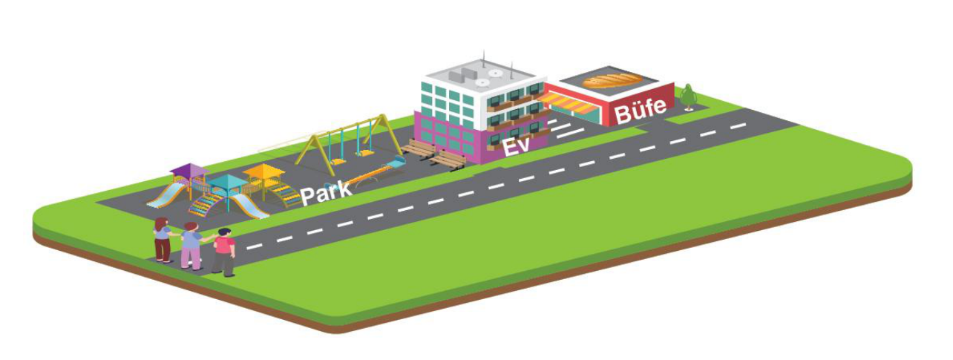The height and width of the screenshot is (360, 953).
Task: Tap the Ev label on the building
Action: (x=516, y=146)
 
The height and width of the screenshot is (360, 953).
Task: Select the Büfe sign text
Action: (x=641, y=111)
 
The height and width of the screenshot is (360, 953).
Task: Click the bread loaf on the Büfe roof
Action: (x=612, y=80)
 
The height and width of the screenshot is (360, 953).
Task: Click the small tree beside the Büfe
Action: (x=687, y=97)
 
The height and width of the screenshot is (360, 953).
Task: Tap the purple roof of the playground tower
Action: (x=190, y=171)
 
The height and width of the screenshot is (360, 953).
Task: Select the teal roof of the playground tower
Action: (x=228, y=182)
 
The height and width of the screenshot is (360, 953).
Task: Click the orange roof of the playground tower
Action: (x=263, y=171)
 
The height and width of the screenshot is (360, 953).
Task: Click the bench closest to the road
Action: (x=448, y=160)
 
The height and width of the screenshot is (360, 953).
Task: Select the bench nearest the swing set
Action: (x=419, y=148)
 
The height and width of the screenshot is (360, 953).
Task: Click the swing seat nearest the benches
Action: (x=365, y=152)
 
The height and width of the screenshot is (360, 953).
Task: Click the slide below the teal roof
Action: (x=248, y=206)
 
